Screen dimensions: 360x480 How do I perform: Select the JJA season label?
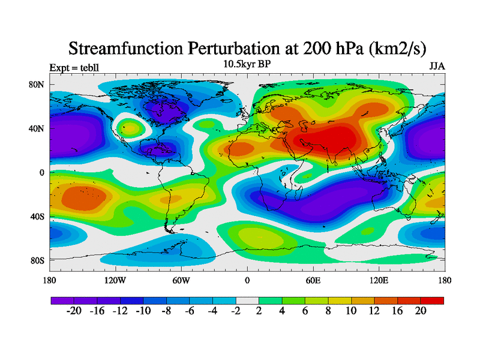tap(437, 66)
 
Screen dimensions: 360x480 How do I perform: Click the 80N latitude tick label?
tap(37, 85)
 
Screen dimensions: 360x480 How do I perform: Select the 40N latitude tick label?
tap(37, 128)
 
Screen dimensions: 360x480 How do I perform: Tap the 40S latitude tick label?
tap(37, 216)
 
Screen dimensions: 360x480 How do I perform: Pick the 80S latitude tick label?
tap(37, 260)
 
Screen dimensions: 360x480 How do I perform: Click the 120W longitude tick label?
tap(115, 280)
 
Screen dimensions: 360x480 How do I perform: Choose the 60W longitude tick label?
tap(181, 280)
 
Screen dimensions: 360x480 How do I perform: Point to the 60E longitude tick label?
tap(313, 280)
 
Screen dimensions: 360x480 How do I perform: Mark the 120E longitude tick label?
tap(379, 280)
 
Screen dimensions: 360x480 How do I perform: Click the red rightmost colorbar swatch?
tap(433, 299)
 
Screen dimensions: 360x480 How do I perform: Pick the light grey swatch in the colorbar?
tap(247, 299)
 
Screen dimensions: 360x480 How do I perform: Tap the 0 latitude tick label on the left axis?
tap(42, 172)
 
